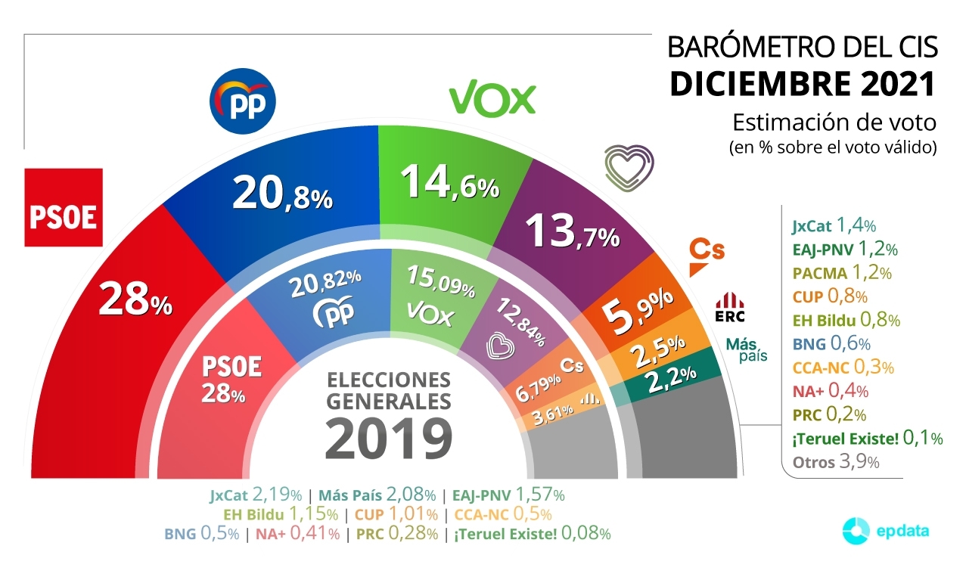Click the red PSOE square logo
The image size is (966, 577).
click(64, 207)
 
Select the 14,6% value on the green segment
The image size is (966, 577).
click(449, 182)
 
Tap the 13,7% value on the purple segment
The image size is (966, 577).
click(573, 231)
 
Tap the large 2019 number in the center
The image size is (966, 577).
click(389, 437)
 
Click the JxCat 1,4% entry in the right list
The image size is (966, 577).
click(834, 225)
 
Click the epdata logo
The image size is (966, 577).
click(886, 531)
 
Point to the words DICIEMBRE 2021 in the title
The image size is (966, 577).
click(803, 83)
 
